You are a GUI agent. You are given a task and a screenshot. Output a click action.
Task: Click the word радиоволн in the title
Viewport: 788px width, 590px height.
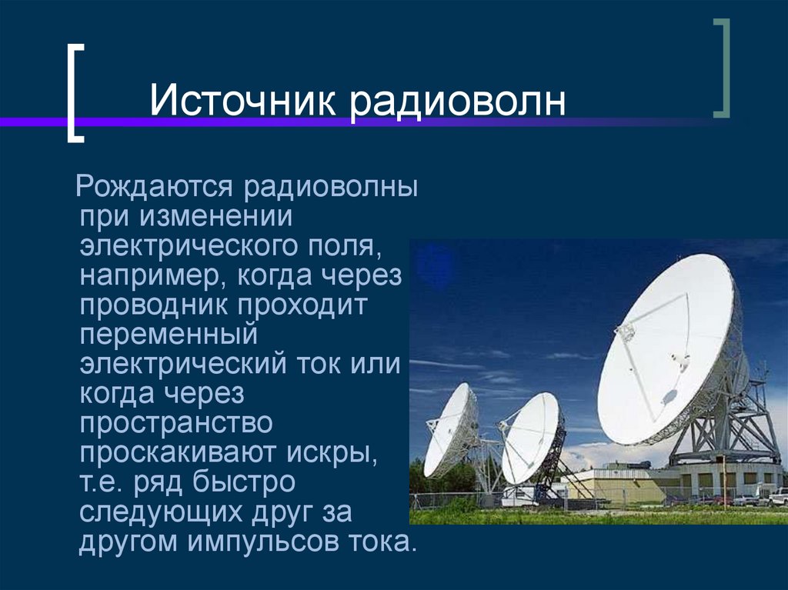pos(459,102)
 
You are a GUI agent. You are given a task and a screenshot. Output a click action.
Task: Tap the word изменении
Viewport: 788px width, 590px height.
pos(216,217)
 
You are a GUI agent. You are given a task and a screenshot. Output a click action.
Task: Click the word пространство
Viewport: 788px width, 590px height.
pos(176,424)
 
